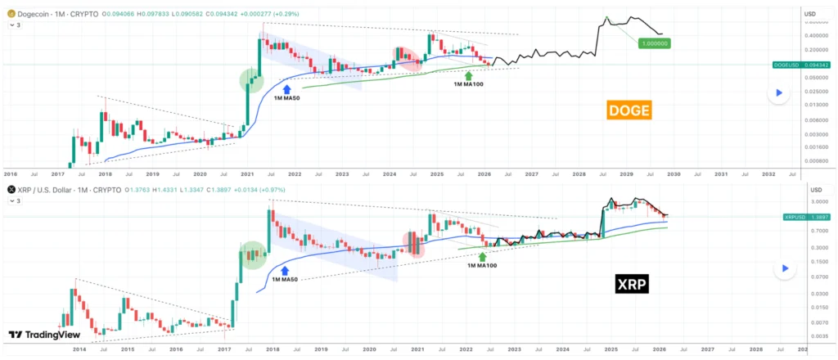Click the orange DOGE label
tap(628, 110)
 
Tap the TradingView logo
tap(38, 335)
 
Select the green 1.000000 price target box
tap(654, 43)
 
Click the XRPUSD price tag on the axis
tap(799, 217)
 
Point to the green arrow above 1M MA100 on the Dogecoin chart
tap(468, 76)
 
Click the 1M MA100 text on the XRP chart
tap(483, 264)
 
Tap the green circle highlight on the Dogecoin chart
tap(252, 80)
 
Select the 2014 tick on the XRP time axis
tap(79, 349)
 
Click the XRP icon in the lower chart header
tap(11, 189)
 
